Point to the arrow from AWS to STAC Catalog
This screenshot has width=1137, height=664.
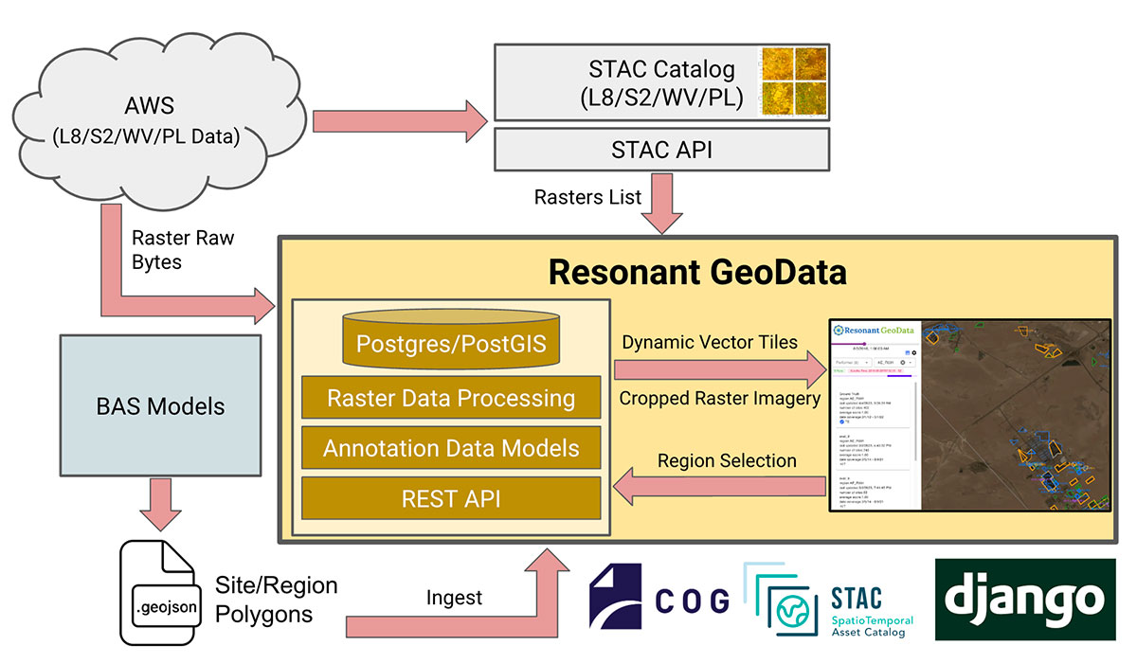point(398,120)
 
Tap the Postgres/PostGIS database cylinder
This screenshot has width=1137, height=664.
point(450,339)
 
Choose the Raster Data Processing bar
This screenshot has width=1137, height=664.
point(450,398)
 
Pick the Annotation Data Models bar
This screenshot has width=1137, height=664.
point(450,448)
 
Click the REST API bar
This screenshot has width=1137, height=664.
point(450,498)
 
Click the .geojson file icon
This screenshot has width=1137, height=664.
point(159,597)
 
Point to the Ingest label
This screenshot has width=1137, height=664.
point(454,598)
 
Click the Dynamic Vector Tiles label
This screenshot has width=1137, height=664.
point(710,342)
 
